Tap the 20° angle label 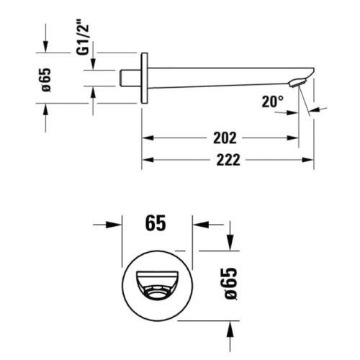click(273, 102)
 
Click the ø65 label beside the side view click(45, 79)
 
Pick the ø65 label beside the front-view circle click(230, 285)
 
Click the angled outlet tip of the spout click(297, 84)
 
